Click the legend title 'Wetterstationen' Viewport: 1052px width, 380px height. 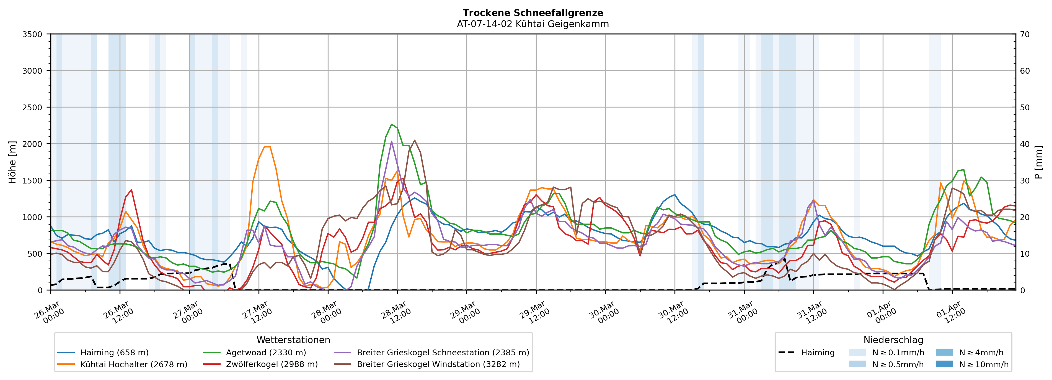(x=293, y=340)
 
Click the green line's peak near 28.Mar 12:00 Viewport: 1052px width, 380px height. (x=392, y=124)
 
